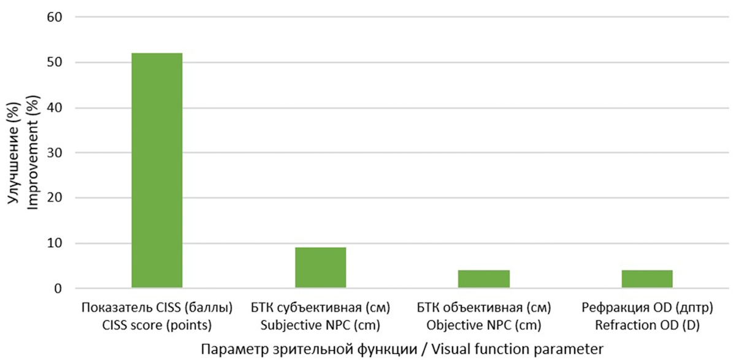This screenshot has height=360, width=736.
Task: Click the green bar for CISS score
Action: (x=157, y=170)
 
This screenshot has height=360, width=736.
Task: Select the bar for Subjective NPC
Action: (x=320, y=268)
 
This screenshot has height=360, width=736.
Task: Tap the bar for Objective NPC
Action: (x=484, y=279)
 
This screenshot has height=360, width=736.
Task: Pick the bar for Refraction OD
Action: (x=647, y=279)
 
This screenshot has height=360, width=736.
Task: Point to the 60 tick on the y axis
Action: (x=55, y=17)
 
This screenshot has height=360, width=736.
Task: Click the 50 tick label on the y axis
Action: (x=55, y=63)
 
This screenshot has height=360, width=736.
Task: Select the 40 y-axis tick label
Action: (x=55, y=108)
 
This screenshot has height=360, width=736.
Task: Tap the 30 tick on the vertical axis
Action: (x=55, y=153)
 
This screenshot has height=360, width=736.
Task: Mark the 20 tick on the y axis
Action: (x=55, y=197)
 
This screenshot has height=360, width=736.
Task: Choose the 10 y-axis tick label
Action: (x=55, y=243)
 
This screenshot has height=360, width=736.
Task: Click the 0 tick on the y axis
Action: (x=58, y=289)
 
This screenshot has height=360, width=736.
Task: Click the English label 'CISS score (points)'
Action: (x=157, y=325)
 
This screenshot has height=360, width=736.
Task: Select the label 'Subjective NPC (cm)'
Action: (x=320, y=325)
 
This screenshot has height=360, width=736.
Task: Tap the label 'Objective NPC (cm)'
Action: (x=484, y=325)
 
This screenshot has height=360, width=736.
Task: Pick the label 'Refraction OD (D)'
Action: (x=647, y=325)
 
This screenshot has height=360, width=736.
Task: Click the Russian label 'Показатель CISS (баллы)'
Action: (x=157, y=307)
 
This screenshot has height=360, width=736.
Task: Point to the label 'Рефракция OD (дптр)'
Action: (x=647, y=307)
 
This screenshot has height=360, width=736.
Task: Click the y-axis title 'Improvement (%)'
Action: (x=33, y=153)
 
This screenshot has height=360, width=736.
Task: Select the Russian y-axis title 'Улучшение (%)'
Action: (x=13, y=153)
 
